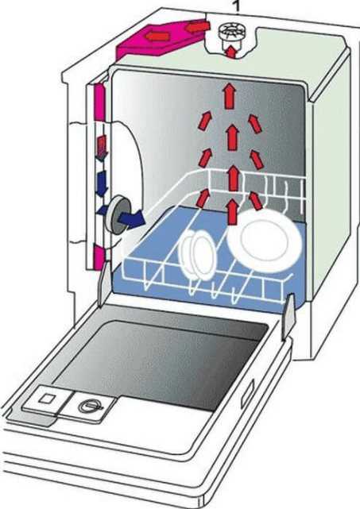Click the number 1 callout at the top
pyautogui.click(x=237, y=6)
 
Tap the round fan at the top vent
pyautogui.click(x=232, y=34)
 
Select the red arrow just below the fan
pyautogui.click(x=231, y=52)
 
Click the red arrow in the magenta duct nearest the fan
pyautogui.click(x=196, y=27)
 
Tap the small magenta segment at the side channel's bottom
pyautogui.click(x=99, y=256)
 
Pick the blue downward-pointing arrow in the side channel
pyautogui.click(x=102, y=183)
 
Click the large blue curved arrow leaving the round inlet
pyautogui.click(x=131, y=219)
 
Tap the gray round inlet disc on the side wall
pyautogui.click(x=116, y=214)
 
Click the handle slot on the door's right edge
pyautogui.click(x=248, y=395)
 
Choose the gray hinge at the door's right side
pyautogui.click(x=289, y=315)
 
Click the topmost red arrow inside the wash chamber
pyautogui.click(x=230, y=96)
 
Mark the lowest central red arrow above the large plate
pyautogui.click(x=232, y=212)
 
